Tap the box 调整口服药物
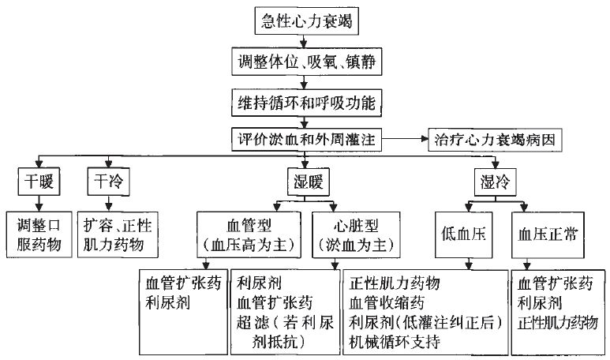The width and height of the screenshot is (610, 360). point(38,233)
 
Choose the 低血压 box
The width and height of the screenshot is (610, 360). point(466,233)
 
